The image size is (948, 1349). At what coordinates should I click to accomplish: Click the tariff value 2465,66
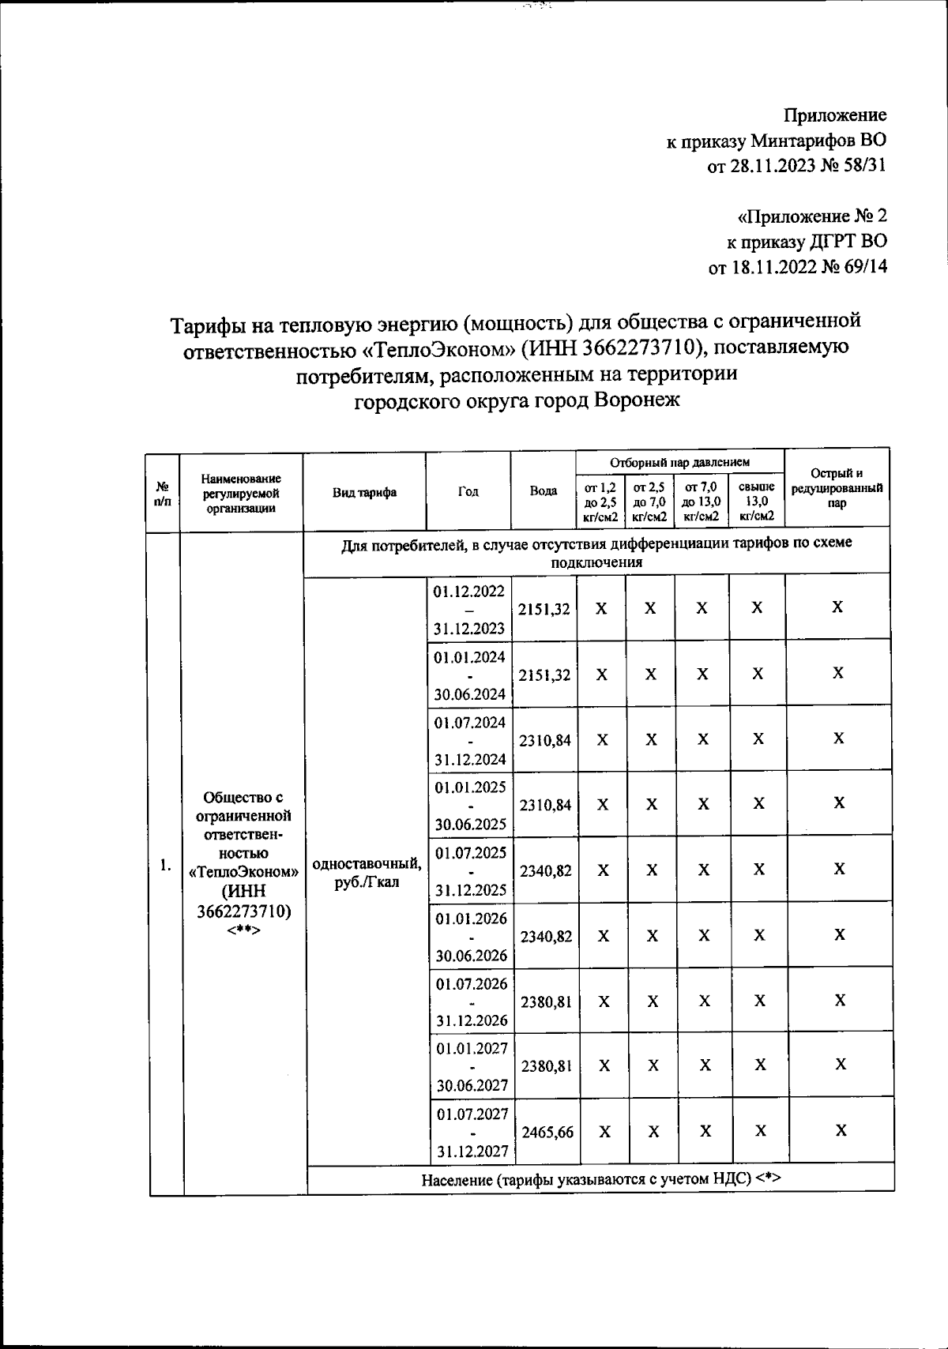[x=546, y=1132]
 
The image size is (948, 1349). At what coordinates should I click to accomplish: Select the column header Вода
[x=543, y=491]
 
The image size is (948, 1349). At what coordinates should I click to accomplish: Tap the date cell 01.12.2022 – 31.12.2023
[x=468, y=609]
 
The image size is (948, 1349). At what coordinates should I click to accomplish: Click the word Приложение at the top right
[x=835, y=115]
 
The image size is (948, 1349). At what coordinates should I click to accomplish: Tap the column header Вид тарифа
[x=364, y=492]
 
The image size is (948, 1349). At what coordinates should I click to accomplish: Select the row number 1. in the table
[x=164, y=866]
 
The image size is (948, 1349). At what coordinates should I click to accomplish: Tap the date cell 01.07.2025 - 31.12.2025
[x=470, y=870]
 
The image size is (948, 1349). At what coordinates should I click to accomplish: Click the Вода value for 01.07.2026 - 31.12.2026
[x=546, y=1001]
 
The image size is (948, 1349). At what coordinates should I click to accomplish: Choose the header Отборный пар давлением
[x=679, y=461]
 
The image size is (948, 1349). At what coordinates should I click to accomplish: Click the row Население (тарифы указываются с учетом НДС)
[x=600, y=1179]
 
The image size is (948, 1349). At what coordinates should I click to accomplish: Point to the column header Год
[x=468, y=491]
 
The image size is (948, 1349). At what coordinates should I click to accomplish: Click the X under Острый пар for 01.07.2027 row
[x=841, y=1130]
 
